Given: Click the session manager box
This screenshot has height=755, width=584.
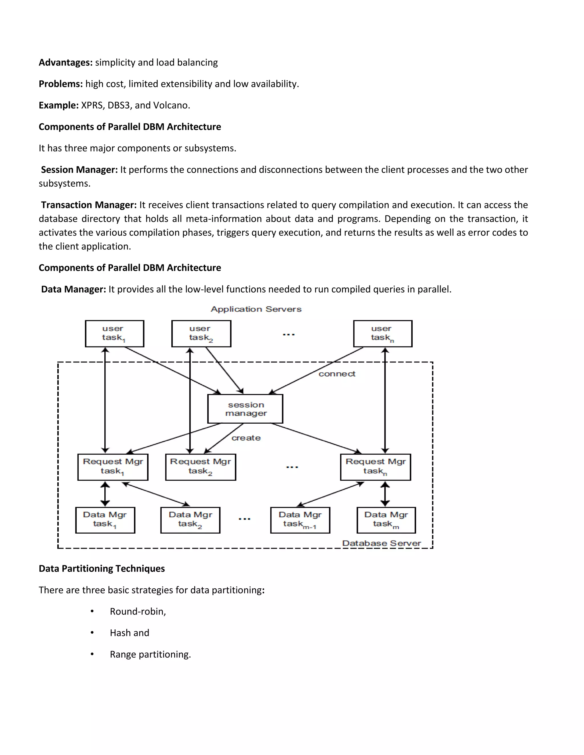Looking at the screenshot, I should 245,409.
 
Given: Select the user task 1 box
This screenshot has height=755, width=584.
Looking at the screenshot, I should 115,334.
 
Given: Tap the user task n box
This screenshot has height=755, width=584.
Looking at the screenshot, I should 383,334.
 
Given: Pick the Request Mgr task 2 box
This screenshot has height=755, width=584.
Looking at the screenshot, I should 201,467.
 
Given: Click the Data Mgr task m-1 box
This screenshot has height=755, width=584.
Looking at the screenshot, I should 300,520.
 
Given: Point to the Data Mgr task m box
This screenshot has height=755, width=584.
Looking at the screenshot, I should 386,520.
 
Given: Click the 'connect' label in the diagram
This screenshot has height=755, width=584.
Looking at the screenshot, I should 337,374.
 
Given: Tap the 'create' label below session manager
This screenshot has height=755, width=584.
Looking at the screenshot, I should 246,438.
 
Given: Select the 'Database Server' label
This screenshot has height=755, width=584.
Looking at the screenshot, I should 381,543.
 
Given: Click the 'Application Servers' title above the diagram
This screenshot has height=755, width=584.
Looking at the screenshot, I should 256,309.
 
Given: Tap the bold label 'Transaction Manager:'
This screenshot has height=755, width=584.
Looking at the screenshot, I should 89,205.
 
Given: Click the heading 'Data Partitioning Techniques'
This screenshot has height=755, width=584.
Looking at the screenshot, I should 102,569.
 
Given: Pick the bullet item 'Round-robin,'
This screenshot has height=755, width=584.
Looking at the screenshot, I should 138,611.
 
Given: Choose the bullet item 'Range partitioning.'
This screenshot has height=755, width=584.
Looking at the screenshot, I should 150,654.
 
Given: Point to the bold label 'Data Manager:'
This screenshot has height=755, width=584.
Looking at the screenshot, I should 73,289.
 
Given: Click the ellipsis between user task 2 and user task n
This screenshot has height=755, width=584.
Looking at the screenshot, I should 289,334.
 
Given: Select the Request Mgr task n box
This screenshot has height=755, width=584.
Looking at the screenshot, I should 375,467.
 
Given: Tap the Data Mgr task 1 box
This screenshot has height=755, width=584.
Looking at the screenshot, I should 105,520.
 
